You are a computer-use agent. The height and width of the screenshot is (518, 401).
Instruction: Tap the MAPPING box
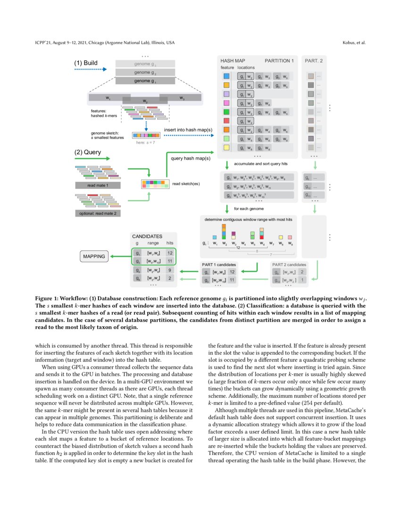pyautogui.click(x=93, y=257)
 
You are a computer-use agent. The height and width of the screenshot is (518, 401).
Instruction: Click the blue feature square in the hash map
pyautogui.click(x=226, y=76)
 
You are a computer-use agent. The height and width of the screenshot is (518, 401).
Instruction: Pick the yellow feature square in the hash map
pyautogui.click(x=226, y=148)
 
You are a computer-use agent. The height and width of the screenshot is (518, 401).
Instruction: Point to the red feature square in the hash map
pyautogui.click(x=226, y=121)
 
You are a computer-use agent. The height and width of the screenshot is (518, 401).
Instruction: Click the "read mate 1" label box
pyautogui.click(x=98, y=186)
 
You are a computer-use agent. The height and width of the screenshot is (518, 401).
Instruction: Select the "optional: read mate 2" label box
pyautogui.click(x=98, y=213)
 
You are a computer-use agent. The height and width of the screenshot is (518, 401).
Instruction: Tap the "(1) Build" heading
pyautogui.click(x=86, y=63)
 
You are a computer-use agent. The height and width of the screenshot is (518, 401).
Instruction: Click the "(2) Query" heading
pyautogui.click(x=88, y=152)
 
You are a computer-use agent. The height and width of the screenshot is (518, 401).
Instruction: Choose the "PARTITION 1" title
pyautogui.click(x=279, y=61)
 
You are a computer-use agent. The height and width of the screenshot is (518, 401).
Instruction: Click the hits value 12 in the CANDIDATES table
pyautogui.click(x=170, y=253)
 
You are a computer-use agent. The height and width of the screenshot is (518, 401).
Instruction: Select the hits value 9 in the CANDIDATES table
pyautogui.click(x=170, y=270)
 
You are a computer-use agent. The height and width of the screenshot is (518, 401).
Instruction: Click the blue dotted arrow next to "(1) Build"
pyautogui.click(x=91, y=69)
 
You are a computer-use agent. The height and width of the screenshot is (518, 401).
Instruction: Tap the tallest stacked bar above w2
pyautogui.click(x=224, y=231)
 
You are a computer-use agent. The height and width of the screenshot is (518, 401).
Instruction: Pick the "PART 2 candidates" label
pyautogui.click(x=289, y=264)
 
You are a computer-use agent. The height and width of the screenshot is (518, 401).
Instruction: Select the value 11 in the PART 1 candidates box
pyautogui.click(x=232, y=280)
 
